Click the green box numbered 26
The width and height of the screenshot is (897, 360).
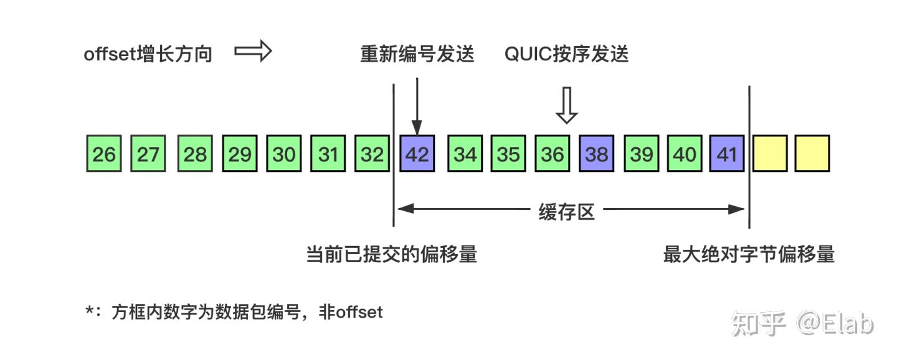pos(104,154)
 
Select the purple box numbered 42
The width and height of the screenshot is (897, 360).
pos(417,154)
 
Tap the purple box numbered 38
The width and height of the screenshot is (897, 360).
pos(597,154)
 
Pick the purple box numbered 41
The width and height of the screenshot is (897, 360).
pos(727,154)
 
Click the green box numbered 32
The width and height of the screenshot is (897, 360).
pos(373,154)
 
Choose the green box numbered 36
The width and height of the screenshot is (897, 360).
pos(553,154)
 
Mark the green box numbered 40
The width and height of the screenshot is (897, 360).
pos(685,154)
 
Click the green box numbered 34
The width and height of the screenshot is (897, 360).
pos(465,154)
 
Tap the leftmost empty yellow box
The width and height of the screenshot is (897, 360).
pos(770,154)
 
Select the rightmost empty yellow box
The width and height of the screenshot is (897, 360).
pos(812,154)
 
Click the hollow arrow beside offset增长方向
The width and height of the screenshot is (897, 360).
pos(253,51)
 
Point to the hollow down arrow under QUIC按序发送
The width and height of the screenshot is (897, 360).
pos(567,105)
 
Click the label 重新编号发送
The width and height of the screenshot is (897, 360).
pos(417,54)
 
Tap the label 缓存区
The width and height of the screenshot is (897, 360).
pos(567,211)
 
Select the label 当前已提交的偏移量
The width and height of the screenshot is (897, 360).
pos(392,254)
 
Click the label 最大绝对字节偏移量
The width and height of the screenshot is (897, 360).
pos(749,254)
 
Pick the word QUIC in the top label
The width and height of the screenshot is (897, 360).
pos(528,54)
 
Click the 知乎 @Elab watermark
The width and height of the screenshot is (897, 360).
pos(802,323)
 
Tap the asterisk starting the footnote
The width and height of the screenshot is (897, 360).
pos(90,310)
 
